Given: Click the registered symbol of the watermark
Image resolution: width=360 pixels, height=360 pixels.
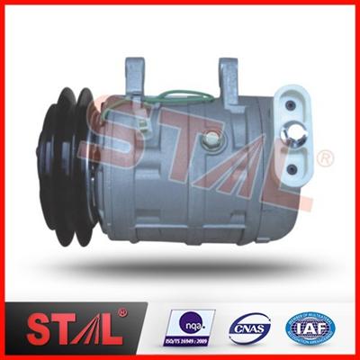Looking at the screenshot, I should (325, 160).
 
